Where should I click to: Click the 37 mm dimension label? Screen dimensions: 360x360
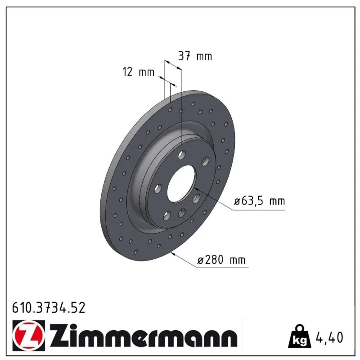[x=195, y=56]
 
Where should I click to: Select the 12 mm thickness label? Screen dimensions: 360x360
[x=139, y=72]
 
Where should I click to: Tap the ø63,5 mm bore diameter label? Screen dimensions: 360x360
[x=260, y=201]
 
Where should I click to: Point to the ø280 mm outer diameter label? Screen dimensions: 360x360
[x=221, y=260]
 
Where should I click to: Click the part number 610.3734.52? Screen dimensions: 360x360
[x=49, y=308]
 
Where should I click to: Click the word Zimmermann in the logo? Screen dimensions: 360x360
[x=144, y=335]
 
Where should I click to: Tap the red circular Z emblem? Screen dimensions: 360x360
[x=29, y=335]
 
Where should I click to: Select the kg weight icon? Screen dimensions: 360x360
[x=300, y=336]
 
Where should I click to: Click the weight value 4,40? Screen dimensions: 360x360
[x=330, y=337]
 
